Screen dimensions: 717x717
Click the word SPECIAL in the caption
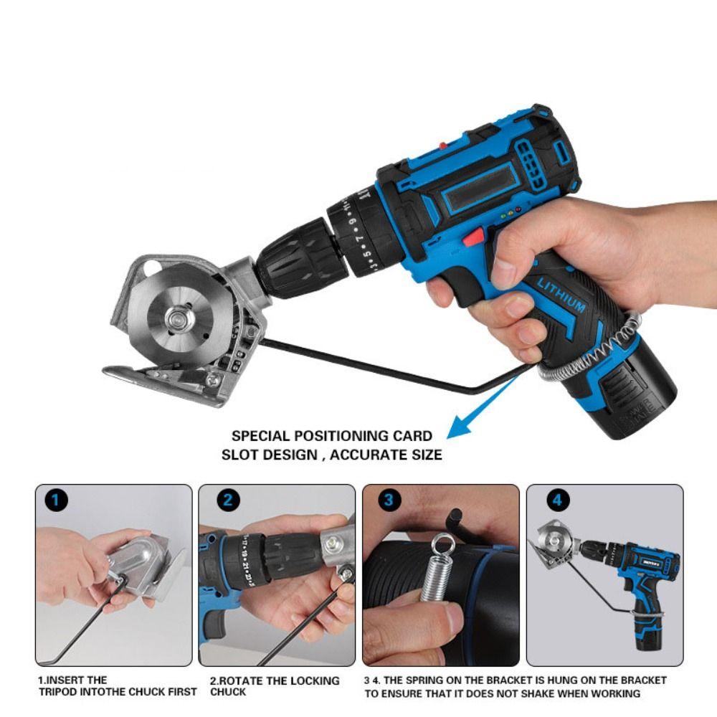(260, 436)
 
